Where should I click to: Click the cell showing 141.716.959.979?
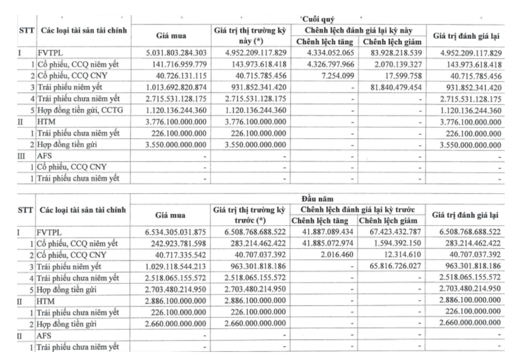[176, 65]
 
